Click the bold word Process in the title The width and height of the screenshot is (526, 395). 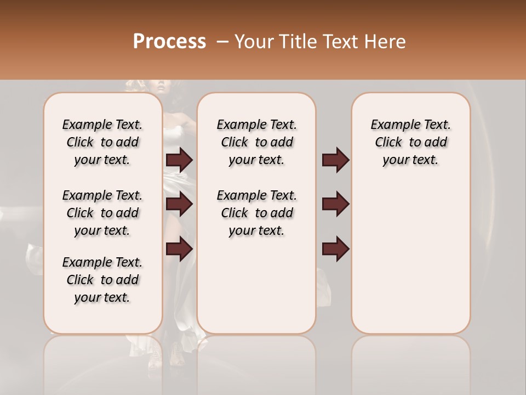point(169,42)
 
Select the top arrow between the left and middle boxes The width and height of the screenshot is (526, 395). point(179,160)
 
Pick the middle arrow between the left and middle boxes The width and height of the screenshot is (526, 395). point(179,204)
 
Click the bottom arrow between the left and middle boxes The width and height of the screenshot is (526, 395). point(179,249)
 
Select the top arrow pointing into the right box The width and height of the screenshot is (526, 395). point(335,160)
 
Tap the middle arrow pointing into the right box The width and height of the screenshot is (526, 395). point(335,204)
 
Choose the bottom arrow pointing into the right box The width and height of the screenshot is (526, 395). point(335,249)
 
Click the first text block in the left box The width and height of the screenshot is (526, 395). point(102,143)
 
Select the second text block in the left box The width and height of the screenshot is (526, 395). point(102,213)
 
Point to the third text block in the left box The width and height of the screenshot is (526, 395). point(102,280)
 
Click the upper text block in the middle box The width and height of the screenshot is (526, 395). point(256,143)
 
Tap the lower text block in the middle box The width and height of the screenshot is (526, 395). point(256,213)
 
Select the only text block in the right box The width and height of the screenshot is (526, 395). point(410,143)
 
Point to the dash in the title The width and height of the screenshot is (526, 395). point(222,42)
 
